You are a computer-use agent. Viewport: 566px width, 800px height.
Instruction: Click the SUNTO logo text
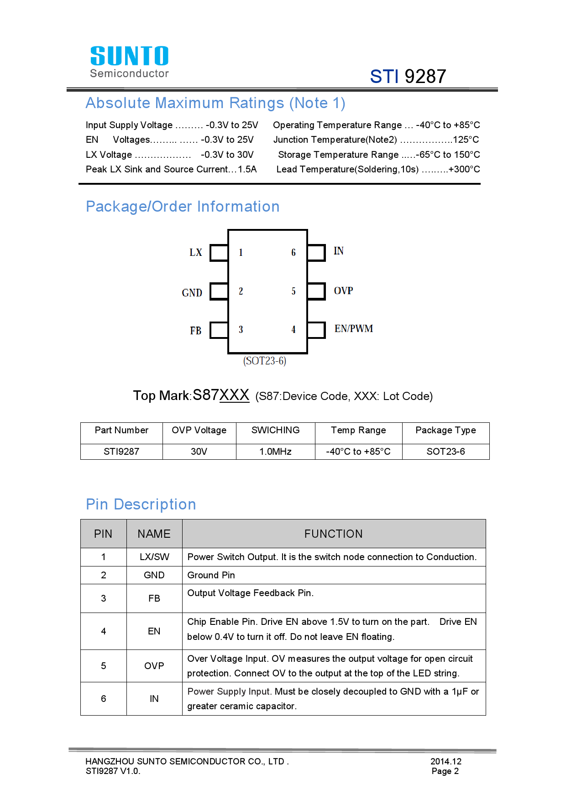[x=129, y=56]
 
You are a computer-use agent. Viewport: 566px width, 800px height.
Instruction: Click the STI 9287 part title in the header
[x=408, y=76]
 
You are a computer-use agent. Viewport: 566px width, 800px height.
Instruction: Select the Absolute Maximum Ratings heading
[x=215, y=103]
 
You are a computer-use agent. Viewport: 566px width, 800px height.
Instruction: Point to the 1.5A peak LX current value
[x=247, y=169]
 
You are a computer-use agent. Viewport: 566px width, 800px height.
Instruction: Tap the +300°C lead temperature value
[x=464, y=169]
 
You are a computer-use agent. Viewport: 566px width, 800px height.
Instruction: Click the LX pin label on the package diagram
[x=196, y=253]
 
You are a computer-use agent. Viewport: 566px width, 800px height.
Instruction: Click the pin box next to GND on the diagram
[x=219, y=291]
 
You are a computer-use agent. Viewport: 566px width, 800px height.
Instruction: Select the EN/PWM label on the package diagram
[x=354, y=329]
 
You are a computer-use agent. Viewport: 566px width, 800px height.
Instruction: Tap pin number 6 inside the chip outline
[x=293, y=253]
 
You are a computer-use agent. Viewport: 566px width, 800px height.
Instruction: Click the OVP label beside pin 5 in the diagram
[x=343, y=291]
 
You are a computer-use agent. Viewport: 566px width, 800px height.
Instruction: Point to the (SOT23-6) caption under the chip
[x=265, y=361]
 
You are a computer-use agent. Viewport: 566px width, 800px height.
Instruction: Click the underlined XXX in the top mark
[x=234, y=395]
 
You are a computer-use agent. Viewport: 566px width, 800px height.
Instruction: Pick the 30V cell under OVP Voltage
[x=199, y=452]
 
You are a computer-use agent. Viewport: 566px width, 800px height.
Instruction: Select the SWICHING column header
[x=275, y=430]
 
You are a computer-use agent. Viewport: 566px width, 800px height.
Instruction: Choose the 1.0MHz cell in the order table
[x=275, y=452]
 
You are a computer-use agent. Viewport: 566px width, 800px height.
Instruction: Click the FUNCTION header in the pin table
[x=333, y=534]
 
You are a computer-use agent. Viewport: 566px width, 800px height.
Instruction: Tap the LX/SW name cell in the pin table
[x=154, y=557]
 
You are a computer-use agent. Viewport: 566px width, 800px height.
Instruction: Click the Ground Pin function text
[x=211, y=575]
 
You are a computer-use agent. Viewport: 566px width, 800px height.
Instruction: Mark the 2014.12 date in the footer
[x=446, y=761]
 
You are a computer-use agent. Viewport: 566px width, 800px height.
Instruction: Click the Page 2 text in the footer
[x=445, y=771]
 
